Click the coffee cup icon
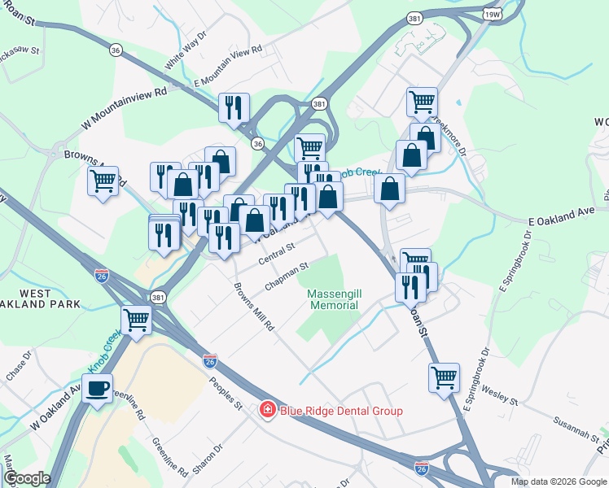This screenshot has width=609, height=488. tap(98, 388)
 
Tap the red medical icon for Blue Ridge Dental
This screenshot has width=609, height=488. tap(266, 410)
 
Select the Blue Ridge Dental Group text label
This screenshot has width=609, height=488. tap(341, 411)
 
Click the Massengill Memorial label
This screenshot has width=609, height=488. tap(334, 298)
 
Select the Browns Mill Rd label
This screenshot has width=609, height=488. tap(254, 306)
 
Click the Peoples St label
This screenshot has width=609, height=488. tap(226, 390)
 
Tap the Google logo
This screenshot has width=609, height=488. tap(27, 478)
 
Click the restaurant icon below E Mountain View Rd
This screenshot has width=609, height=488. tap(234, 107)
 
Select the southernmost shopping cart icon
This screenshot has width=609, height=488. tap(444, 377)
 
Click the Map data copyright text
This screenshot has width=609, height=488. tap(558, 481)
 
